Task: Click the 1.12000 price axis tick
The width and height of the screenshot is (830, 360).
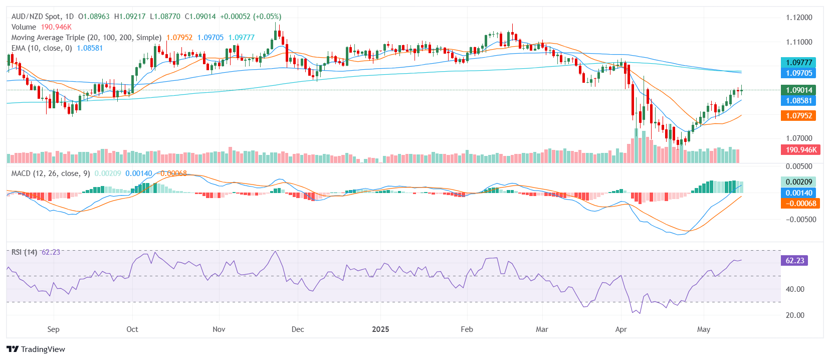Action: click(799, 18)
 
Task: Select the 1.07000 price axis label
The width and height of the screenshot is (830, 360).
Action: click(799, 138)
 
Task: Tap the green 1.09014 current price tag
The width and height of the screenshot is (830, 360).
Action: click(798, 90)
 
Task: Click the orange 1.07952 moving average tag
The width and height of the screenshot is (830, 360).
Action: click(798, 116)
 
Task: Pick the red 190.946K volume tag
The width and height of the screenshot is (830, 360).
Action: click(800, 150)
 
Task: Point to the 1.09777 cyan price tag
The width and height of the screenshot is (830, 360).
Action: click(798, 63)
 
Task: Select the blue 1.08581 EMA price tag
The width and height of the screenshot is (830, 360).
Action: click(798, 101)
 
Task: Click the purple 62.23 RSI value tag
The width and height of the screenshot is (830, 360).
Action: click(794, 261)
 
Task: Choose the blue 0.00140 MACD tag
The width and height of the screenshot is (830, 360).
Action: click(798, 193)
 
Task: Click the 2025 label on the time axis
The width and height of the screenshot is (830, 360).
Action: click(380, 329)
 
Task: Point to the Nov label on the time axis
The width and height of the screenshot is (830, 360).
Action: click(219, 329)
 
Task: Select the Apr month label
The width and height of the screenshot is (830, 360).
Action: click(621, 329)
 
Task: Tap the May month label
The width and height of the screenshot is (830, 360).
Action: click(704, 329)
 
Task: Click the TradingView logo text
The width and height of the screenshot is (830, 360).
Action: click(43, 349)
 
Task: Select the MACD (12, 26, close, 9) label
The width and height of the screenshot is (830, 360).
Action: click(51, 173)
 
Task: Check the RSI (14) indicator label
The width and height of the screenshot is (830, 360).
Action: click(24, 252)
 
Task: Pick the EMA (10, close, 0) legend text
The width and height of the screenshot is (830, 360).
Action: click(42, 48)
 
